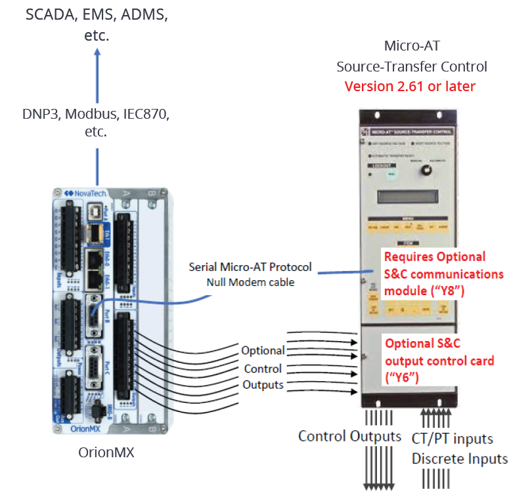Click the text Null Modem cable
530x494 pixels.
pyautogui.click(x=250, y=282)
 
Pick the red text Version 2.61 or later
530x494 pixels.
pyautogui.click(x=410, y=87)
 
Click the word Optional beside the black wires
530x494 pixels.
pyautogui.click(x=263, y=350)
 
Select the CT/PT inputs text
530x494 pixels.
pyautogui.click(x=453, y=438)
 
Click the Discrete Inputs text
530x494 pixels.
pyautogui.click(x=460, y=459)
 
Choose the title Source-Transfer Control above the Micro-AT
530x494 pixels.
pyautogui.click(x=412, y=66)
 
